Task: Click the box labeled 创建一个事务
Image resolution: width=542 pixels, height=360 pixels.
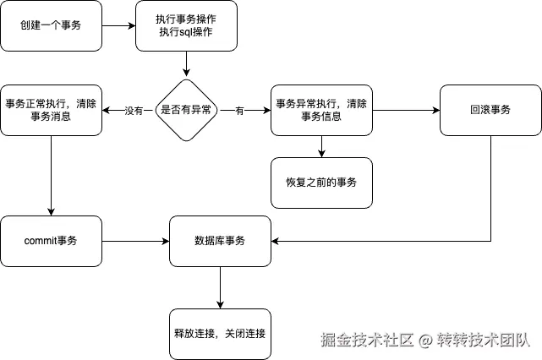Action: click(52, 26)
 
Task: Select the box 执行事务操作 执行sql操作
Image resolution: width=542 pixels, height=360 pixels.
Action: click(186, 26)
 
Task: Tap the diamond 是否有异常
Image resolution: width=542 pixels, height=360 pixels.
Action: click(186, 110)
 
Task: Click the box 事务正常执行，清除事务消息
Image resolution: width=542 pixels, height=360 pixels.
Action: click(52, 110)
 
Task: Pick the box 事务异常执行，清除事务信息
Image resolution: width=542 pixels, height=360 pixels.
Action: click(321, 110)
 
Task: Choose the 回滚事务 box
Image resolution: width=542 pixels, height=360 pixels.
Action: click(490, 110)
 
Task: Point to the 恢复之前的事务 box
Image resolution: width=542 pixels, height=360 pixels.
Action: click(321, 183)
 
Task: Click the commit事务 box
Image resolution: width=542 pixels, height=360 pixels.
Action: click(52, 241)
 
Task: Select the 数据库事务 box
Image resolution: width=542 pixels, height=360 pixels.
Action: click(220, 241)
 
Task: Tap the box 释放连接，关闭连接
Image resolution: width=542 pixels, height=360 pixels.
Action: click(220, 334)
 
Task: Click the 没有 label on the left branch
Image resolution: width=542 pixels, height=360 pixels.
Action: click(134, 111)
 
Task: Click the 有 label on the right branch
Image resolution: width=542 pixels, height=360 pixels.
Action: click(239, 111)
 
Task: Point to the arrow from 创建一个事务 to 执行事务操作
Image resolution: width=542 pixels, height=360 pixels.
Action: click(119, 26)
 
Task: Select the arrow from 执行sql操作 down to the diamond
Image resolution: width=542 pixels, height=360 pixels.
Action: click(186, 64)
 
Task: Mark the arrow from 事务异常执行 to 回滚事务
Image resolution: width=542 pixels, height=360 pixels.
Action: click(406, 110)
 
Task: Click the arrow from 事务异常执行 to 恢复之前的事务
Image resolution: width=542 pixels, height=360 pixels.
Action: click(321, 146)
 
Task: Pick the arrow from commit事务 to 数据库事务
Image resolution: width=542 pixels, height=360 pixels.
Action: click(136, 241)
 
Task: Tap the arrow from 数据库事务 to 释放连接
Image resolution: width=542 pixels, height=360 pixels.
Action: click(220, 288)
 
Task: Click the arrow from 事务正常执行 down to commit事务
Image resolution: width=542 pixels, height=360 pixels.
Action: click(52, 176)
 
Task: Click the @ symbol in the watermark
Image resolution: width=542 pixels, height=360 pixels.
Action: click(424, 341)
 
